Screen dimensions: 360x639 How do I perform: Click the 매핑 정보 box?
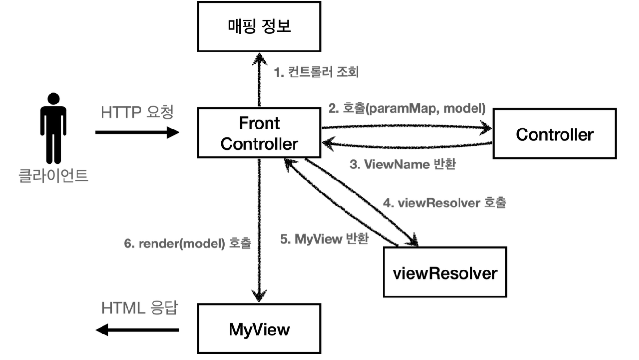click(259, 27)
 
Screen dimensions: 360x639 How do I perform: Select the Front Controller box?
click(259, 133)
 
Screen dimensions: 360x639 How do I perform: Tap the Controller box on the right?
click(554, 134)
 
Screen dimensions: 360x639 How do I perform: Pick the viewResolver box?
click(444, 273)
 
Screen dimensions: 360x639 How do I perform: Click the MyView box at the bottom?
click(259, 329)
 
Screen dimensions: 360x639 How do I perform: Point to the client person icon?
click(53, 128)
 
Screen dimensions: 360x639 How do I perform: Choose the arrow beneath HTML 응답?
click(137, 330)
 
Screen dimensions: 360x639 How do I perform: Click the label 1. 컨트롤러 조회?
click(316, 73)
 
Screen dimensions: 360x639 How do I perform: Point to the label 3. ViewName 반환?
click(402, 165)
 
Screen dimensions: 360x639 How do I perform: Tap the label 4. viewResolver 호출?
click(445, 203)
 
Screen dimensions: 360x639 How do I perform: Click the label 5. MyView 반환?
click(324, 239)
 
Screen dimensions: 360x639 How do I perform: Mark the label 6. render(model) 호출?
click(188, 244)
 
